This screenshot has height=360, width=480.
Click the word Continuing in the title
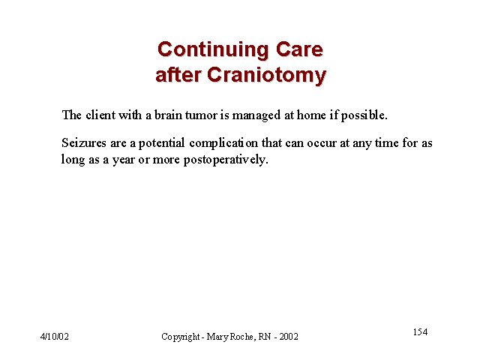point(213,50)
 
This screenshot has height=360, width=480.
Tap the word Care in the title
point(299,49)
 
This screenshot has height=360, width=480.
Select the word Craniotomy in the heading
point(267,76)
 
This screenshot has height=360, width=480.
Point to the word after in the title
point(178,75)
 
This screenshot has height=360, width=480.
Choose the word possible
point(364,115)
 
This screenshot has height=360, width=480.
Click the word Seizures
point(83,143)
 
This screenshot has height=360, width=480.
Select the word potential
point(161,143)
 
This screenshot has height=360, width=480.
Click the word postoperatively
point(226,160)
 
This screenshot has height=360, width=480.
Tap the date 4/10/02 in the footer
point(55,337)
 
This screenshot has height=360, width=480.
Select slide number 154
point(420,331)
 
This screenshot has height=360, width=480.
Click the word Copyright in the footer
point(181,337)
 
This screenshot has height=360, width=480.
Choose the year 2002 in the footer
point(288,337)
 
